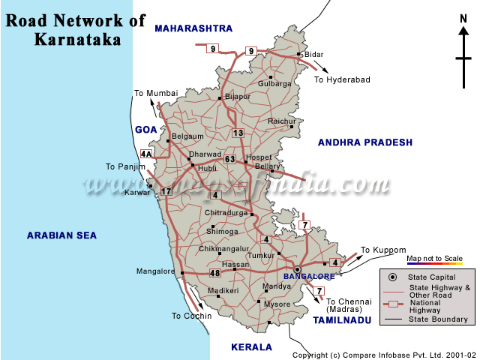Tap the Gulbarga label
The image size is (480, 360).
tap(274, 84)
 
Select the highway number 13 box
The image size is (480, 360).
tap(238, 133)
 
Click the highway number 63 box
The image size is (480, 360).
tap(230, 159)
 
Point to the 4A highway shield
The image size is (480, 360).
tap(146, 154)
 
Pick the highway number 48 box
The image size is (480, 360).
tap(215, 273)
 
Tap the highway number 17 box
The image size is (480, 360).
tap(166, 191)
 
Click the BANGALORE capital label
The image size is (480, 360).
tap(310, 276)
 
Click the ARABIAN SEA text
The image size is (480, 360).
tap(62, 235)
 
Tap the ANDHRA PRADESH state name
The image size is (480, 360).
tap(365, 142)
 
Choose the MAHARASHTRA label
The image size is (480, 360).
tap(193, 28)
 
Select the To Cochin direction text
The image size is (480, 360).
tap(192, 316)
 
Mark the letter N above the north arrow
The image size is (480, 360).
tap(463, 19)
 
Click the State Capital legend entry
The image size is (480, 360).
tap(429, 277)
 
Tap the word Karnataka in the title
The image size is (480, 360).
tap(77, 40)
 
